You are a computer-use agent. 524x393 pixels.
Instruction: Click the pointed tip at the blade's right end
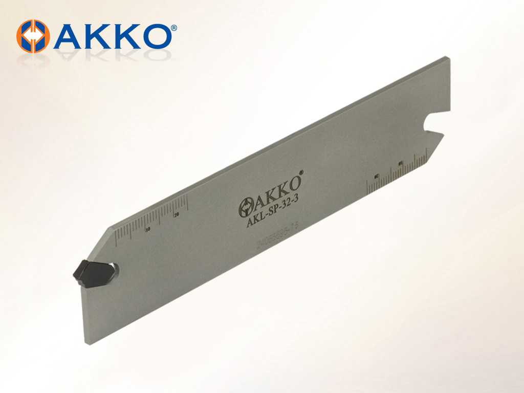[x=443, y=133]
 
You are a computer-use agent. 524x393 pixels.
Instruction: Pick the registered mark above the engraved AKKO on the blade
[x=301, y=172]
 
